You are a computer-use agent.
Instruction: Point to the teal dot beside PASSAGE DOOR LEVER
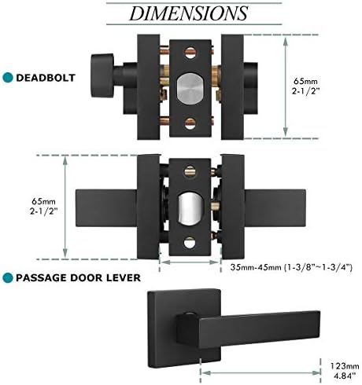[x=9, y=277]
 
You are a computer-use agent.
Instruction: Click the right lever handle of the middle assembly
[x=275, y=196]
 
